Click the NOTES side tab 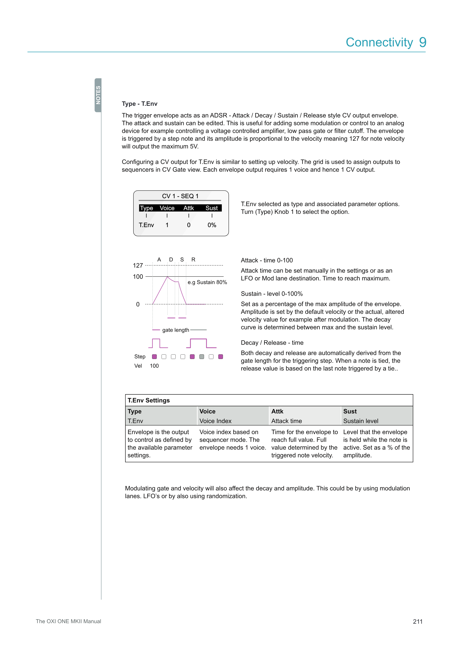[x=98, y=95]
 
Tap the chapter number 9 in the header [x=423, y=42]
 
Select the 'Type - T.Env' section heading [x=139, y=104]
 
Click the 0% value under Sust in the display [x=212, y=225]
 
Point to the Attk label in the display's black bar [x=188, y=208]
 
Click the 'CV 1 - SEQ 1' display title [x=180, y=196]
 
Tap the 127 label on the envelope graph [x=138, y=265]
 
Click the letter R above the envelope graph [x=193, y=260]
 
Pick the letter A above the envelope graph [x=159, y=260]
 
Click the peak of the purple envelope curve [x=167, y=277]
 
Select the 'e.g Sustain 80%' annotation [x=207, y=282]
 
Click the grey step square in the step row [x=202, y=357]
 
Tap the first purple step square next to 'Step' [x=154, y=357]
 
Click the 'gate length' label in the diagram [x=175, y=330]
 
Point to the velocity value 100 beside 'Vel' [x=154, y=366]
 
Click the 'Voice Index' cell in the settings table [x=215, y=421]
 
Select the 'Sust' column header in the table [x=350, y=411]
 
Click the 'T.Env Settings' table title [x=149, y=400]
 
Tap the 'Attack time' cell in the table [x=286, y=421]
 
